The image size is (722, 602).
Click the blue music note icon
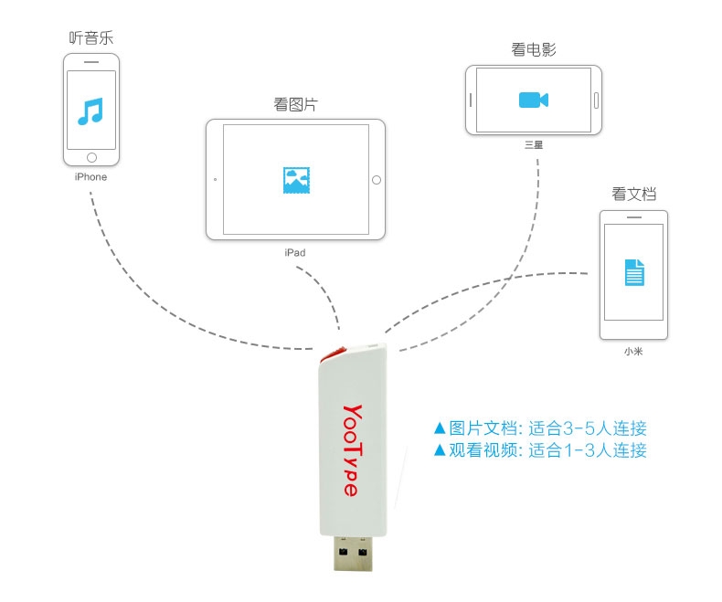pyautogui.click(x=90, y=111)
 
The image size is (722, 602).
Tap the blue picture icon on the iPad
pyautogui.click(x=295, y=179)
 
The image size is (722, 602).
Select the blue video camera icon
pyautogui.click(x=533, y=100)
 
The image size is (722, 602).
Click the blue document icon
pyautogui.click(x=634, y=271)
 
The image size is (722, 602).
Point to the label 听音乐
pyautogui.click(x=91, y=38)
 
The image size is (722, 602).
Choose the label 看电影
pyautogui.click(x=534, y=49)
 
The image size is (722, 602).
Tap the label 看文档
pyautogui.click(x=634, y=194)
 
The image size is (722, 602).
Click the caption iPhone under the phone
pyautogui.click(x=90, y=177)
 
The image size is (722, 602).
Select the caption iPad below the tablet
pyautogui.click(x=294, y=252)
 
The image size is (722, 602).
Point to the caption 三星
pyautogui.click(x=533, y=144)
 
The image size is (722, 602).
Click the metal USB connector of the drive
pyautogui.click(x=352, y=556)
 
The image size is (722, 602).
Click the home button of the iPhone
pyautogui.click(x=90, y=157)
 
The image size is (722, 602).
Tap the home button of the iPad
pyautogui.click(x=375, y=179)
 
